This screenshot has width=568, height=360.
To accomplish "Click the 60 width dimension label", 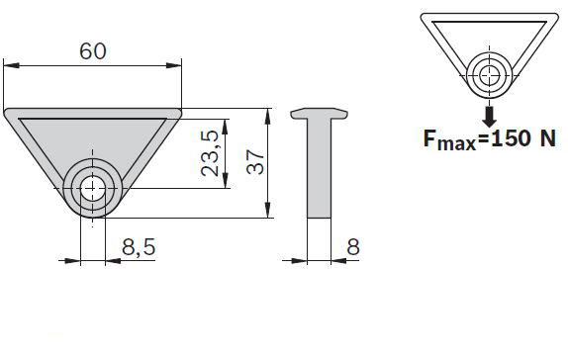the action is click(x=93, y=51).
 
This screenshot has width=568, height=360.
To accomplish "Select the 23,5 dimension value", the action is click(x=210, y=153).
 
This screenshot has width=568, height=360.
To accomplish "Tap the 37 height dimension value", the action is click(x=255, y=162).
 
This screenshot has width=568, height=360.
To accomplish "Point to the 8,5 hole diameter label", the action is click(x=139, y=247).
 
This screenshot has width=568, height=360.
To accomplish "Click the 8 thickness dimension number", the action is click(x=353, y=247).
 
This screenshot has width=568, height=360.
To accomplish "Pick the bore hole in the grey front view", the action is click(x=93, y=188).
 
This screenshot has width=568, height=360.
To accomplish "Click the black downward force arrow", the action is click(x=490, y=116).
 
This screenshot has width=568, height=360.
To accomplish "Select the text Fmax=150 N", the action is click(x=490, y=139).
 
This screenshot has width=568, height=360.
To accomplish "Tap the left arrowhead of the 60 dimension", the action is click(x=11, y=65).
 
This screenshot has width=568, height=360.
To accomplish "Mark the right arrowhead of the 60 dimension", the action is click(x=173, y=65).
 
